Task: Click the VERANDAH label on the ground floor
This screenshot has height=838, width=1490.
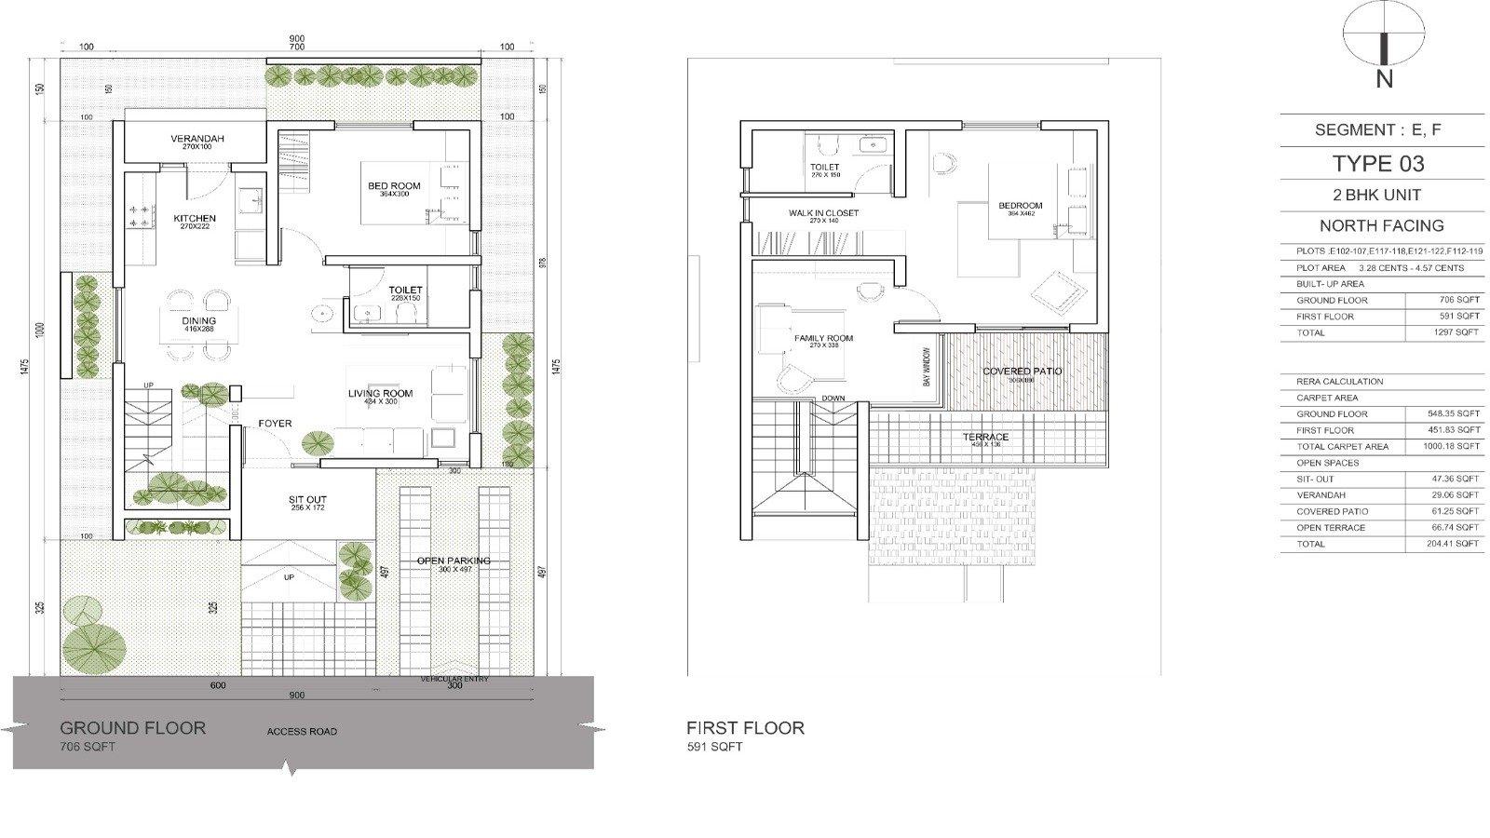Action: [x=196, y=139]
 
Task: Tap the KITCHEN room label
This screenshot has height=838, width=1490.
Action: [x=195, y=219]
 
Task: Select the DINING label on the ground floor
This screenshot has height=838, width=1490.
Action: [x=198, y=321]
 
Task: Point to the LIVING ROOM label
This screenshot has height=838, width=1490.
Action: [x=380, y=394]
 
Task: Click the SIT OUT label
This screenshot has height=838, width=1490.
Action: [x=307, y=500]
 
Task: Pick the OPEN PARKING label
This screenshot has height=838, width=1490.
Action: [x=454, y=561]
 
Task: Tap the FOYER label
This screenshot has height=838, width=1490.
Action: [x=275, y=424]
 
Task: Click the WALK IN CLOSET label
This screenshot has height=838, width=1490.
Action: [x=823, y=213]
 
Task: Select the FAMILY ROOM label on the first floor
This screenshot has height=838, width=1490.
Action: [x=823, y=338]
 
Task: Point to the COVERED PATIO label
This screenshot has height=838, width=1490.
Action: [x=1022, y=372]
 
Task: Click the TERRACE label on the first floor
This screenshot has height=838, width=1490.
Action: [x=985, y=437]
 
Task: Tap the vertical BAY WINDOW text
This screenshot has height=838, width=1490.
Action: [x=927, y=368]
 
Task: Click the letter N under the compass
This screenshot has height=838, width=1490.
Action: [x=1384, y=80]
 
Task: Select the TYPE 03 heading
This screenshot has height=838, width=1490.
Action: [x=1378, y=164]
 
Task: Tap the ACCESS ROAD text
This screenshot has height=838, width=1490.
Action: [x=302, y=732]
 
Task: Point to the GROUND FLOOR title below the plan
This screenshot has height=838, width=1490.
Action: [x=132, y=728]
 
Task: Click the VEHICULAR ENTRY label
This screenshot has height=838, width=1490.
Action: [x=454, y=679]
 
